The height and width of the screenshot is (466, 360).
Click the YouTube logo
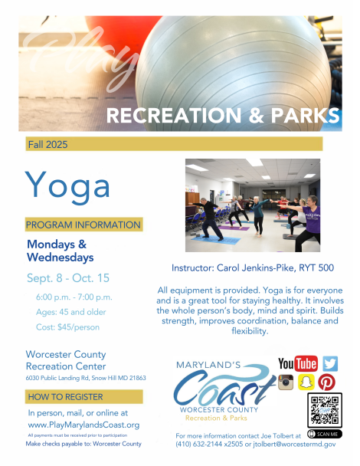298,363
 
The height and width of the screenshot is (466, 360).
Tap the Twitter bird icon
330,363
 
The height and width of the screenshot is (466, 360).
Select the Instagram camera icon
286,382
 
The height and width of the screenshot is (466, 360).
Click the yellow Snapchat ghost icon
306,382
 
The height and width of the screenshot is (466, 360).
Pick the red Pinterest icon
326,382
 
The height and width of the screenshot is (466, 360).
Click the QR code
325,410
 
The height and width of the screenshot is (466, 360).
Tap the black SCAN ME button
325,434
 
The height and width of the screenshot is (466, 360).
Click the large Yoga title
67,187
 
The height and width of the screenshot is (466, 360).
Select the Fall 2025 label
47,144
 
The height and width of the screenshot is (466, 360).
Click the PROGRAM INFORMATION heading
83,225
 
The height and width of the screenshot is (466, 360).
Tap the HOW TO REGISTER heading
65,397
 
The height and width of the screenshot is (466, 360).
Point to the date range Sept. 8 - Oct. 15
68,278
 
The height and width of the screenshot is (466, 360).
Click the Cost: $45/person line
67,327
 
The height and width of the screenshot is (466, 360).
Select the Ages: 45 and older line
70,312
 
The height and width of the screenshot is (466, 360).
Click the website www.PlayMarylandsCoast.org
83,425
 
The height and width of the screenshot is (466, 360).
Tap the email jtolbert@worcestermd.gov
294,444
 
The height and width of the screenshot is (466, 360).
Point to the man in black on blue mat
210,218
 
